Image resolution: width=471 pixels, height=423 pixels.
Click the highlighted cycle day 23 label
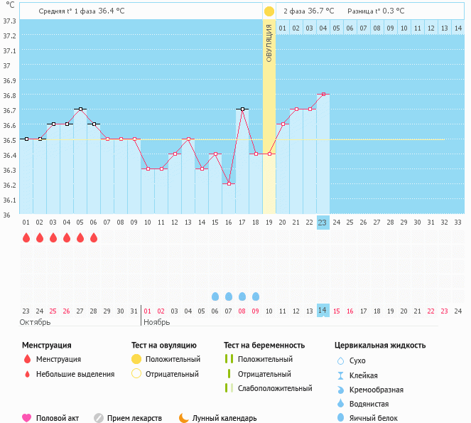tap(323, 222)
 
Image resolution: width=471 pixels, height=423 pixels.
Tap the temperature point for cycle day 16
tap(228, 183)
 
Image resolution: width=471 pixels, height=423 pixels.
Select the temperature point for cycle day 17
tap(242, 109)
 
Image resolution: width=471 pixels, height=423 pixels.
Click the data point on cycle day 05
tap(80, 109)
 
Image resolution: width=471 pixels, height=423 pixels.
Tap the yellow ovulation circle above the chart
tap(269, 11)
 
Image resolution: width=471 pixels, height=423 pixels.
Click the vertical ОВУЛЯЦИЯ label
tap(269, 43)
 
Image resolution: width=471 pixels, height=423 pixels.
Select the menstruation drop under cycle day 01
tap(26, 237)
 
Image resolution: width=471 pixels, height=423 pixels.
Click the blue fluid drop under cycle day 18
tap(256, 296)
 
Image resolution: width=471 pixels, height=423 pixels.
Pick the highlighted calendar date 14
tap(323, 311)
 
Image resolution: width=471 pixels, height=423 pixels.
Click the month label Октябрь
tap(35, 322)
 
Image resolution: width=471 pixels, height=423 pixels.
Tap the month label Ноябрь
tap(157, 322)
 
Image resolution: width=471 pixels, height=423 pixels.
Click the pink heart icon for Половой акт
tap(27, 418)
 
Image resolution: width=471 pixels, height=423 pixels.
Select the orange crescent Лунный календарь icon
tap(184, 418)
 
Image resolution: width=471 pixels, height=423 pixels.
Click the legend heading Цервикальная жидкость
tap(380, 346)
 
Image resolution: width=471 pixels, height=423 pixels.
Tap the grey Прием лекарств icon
tap(99, 418)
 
